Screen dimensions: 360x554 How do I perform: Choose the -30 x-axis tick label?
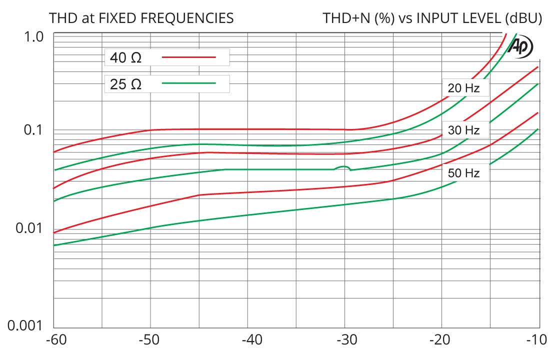click(344, 341)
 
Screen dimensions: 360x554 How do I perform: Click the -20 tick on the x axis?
click(441, 341)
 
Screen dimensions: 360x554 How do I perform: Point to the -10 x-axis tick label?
click(538, 341)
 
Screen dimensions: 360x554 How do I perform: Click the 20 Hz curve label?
click(463, 88)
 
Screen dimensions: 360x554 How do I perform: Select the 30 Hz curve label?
click(463, 131)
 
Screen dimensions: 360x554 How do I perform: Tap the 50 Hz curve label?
click(463, 173)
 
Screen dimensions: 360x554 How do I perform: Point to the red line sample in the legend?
click(188, 57)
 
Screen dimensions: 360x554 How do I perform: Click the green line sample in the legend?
click(188, 83)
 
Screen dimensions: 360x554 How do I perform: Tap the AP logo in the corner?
click(520, 47)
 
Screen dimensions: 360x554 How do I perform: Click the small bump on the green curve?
click(342, 167)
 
